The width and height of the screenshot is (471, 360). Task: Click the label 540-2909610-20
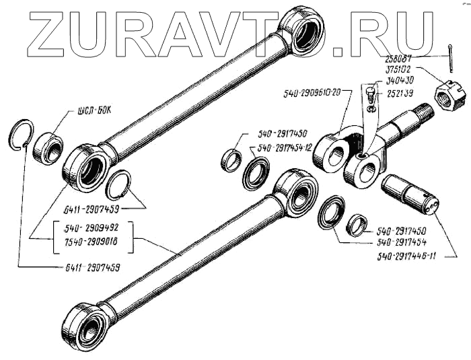pos(312,91)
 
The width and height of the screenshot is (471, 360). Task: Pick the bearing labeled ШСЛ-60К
pos(48,147)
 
